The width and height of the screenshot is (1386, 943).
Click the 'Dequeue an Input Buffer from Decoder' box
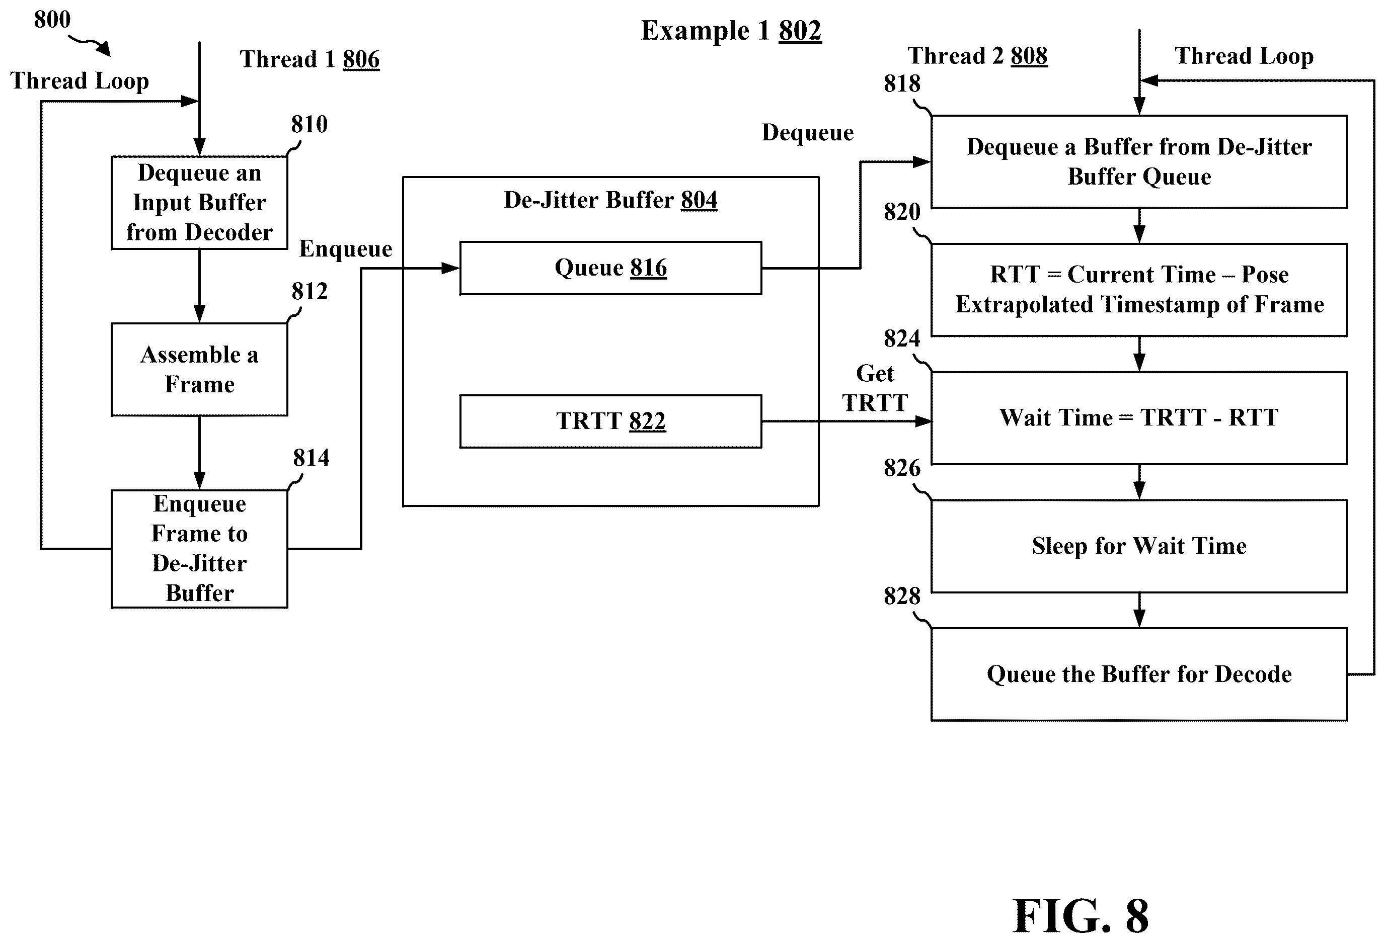[199, 203]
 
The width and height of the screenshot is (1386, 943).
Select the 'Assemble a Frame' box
[199, 370]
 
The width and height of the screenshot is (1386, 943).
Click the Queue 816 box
[610, 268]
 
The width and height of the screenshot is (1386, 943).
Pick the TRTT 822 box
[610, 421]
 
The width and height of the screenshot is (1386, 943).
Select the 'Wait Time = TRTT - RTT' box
[1139, 418]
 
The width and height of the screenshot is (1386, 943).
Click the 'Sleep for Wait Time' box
[1139, 546]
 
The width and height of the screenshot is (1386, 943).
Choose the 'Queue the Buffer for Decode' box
[1139, 674]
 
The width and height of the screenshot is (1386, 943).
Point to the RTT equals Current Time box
[1139, 290]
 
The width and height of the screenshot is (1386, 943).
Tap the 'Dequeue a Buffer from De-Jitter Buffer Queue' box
[1139, 161]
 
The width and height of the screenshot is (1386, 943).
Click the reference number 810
[309, 124]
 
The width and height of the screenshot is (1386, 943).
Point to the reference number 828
[902, 595]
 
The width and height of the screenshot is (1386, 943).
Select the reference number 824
[902, 338]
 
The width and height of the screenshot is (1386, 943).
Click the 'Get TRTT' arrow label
[875, 388]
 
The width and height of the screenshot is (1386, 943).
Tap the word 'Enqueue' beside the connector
[345, 248]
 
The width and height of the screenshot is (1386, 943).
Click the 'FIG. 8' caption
[1080, 915]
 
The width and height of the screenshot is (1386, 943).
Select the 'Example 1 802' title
[731, 30]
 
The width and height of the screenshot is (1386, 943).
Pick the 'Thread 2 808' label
[977, 56]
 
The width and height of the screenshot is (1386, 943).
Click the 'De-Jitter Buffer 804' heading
[610, 200]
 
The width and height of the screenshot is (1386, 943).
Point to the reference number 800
[52, 20]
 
